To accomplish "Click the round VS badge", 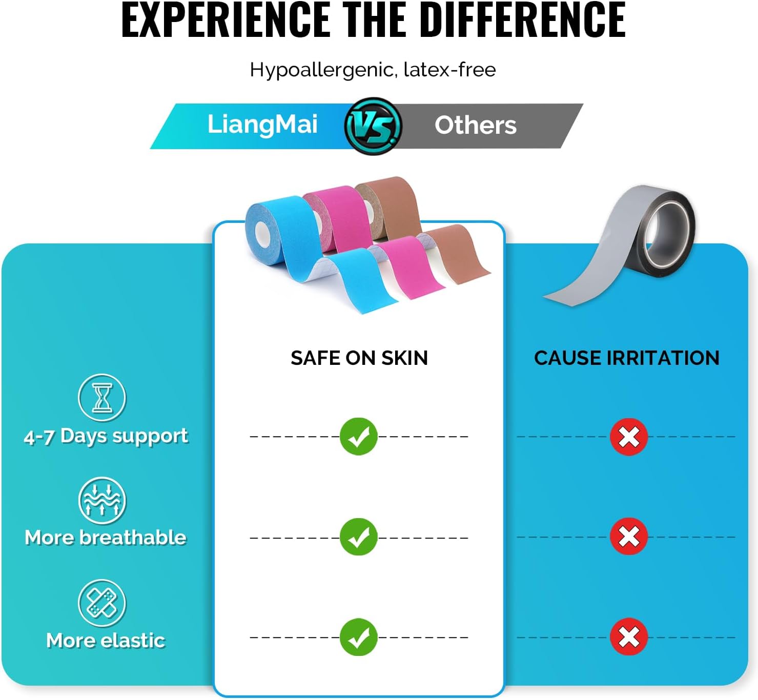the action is click(x=373, y=126).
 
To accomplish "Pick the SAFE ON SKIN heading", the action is click(x=359, y=358).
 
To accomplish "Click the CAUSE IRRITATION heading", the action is click(x=627, y=358).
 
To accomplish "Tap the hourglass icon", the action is click(x=102, y=398).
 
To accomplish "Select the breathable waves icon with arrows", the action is click(x=102, y=500).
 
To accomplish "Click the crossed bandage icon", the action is click(x=102, y=604).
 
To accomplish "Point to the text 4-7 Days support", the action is click(x=106, y=436).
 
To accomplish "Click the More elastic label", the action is click(x=106, y=641).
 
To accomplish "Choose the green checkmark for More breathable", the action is click(x=359, y=537).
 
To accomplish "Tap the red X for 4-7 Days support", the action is click(x=629, y=437).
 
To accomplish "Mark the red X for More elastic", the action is click(x=629, y=636).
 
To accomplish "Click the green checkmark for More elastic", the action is click(x=359, y=637).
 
